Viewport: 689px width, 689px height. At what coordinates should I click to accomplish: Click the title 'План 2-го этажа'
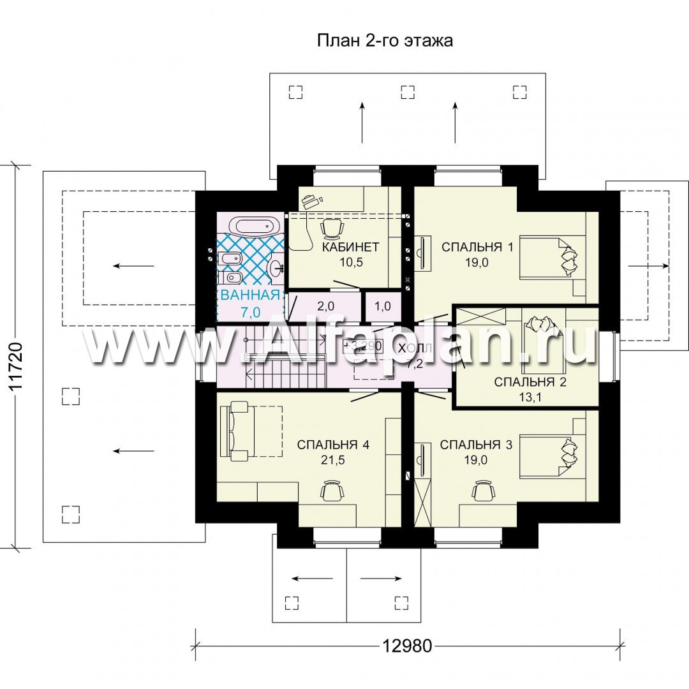(385, 41)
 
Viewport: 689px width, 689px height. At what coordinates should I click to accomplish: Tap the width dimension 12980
(407, 646)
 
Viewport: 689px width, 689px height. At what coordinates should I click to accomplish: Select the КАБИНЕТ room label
(351, 247)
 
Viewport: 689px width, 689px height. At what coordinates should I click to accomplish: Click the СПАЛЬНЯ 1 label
(477, 247)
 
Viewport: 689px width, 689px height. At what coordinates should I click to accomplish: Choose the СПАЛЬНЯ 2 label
(530, 382)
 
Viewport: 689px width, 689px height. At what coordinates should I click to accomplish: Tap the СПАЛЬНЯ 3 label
(477, 445)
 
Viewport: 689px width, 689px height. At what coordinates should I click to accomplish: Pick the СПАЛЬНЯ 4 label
(333, 445)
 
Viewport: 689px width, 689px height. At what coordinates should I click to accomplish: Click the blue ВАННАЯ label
(251, 295)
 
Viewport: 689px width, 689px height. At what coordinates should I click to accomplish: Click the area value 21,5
(333, 460)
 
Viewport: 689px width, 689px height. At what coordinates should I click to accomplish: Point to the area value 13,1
(530, 397)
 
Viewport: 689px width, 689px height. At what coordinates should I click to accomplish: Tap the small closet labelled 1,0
(383, 306)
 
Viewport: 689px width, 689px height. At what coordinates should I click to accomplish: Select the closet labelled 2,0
(325, 306)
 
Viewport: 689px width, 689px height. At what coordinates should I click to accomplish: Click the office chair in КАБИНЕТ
(332, 228)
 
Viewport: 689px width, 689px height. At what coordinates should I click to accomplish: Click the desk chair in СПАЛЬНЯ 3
(484, 490)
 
